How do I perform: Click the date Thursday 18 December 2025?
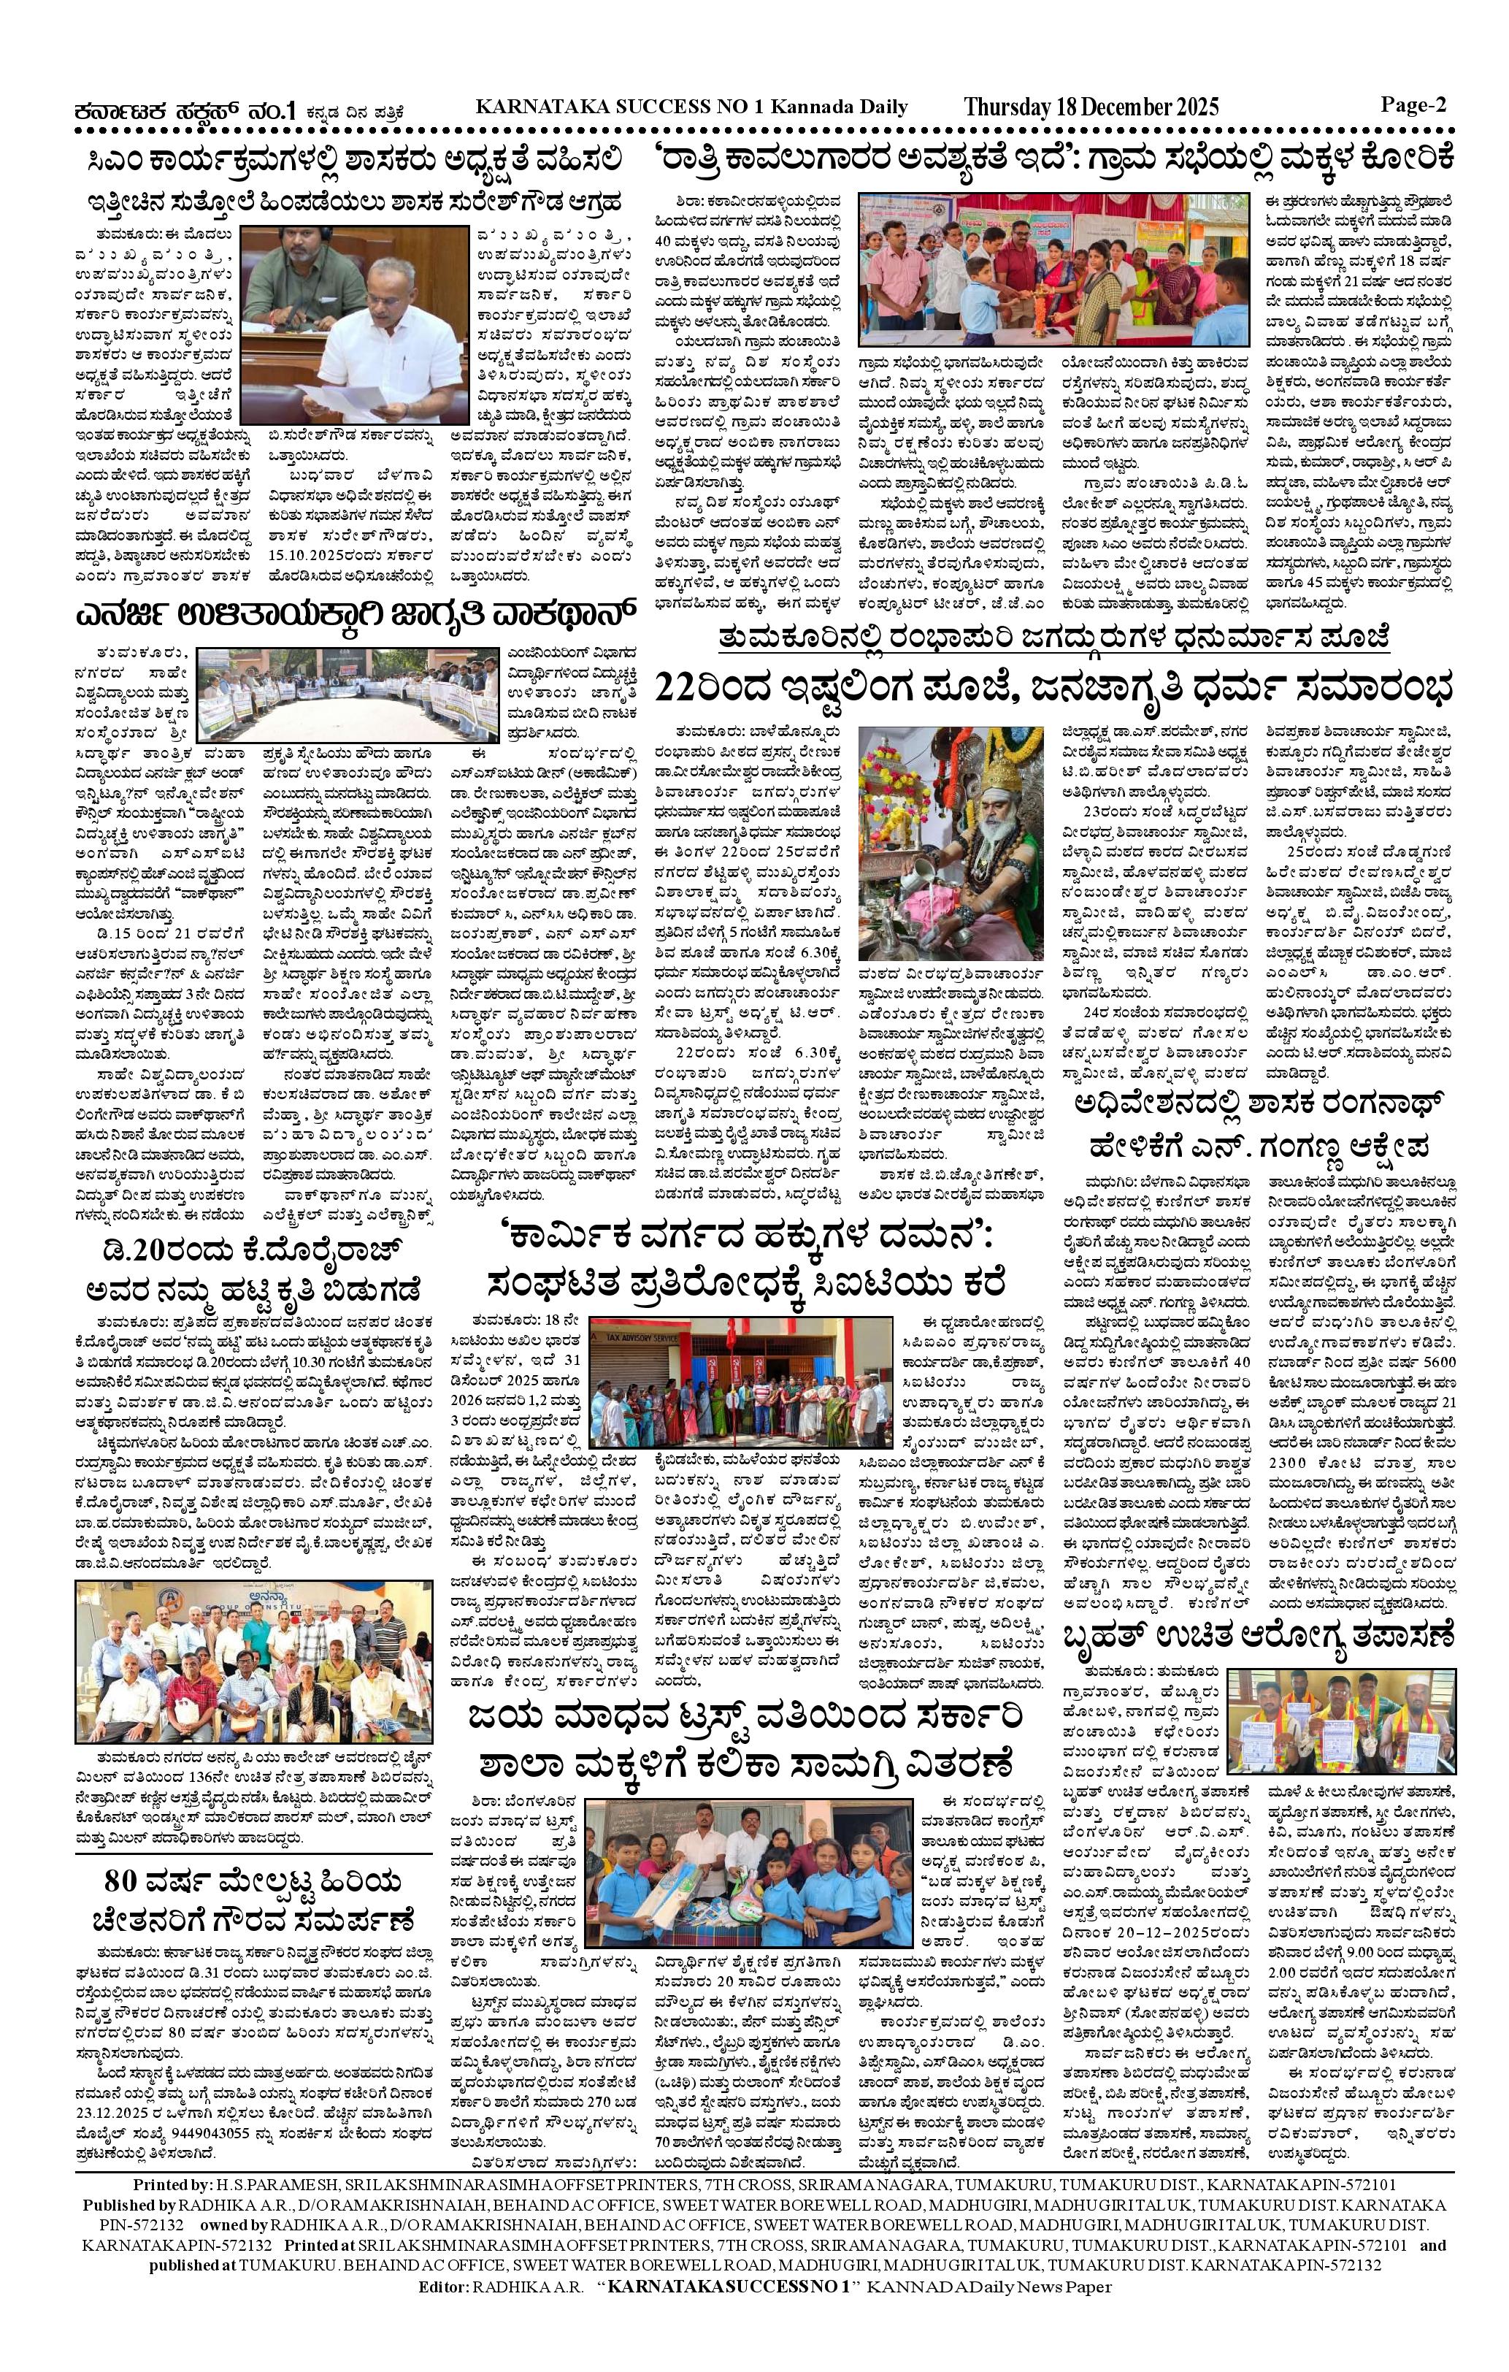[x=1091, y=107]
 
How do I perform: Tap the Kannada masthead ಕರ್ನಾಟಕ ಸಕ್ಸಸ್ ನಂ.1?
[x=186, y=111]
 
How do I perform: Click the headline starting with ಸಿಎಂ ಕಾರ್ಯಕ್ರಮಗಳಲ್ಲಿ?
[x=352, y=158]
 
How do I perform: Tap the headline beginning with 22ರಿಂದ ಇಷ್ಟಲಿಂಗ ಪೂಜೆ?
[x=1054, y=686]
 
